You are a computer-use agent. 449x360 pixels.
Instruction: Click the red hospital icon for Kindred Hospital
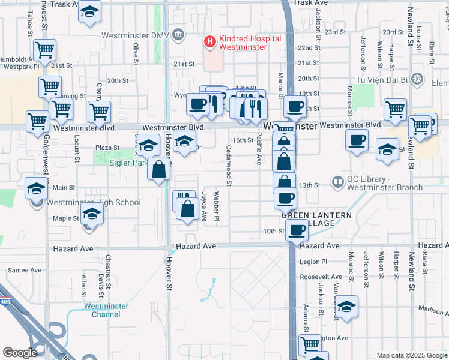coord(210,42)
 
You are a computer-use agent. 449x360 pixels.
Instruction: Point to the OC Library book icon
coord(339,181)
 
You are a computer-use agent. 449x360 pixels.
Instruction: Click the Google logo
coord(20,353)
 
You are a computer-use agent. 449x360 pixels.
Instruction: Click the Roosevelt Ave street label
coord(321,277)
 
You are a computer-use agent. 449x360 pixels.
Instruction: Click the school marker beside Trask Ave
coord(89,12)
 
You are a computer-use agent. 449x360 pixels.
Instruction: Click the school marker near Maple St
coord(92,214)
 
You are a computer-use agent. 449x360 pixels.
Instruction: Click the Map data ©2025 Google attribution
coord(411,355)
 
